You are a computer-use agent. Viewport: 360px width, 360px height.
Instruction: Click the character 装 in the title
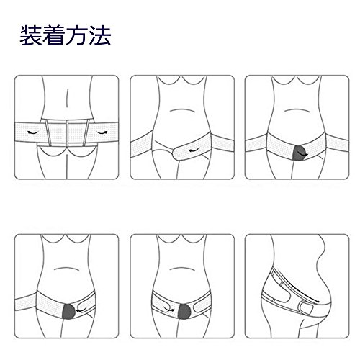point(30,35)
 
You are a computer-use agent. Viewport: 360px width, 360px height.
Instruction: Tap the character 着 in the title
point(53,35)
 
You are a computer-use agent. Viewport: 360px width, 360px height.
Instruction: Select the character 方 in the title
point(76,35)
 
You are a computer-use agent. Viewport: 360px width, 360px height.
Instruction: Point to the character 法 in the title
point(99,35)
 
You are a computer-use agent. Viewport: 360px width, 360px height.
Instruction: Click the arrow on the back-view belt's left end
point(32,132)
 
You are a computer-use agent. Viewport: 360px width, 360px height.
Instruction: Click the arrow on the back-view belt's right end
point(102,132)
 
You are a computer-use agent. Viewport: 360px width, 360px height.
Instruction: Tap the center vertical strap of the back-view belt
point(67,133)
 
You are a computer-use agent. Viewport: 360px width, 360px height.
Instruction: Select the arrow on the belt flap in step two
point(194,150)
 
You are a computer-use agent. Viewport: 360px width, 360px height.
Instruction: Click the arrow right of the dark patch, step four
point(81,311)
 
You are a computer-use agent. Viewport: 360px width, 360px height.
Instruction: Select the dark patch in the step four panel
point(69,312)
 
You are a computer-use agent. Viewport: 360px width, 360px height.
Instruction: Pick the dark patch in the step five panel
point(184,312)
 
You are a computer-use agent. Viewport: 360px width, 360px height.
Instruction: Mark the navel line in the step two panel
point(182,110)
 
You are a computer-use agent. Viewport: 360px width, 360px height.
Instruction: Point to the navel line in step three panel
point(297,110)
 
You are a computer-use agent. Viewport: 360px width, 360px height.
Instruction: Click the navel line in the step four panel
point(67,269)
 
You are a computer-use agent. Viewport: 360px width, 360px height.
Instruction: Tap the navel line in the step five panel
point(181,269)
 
